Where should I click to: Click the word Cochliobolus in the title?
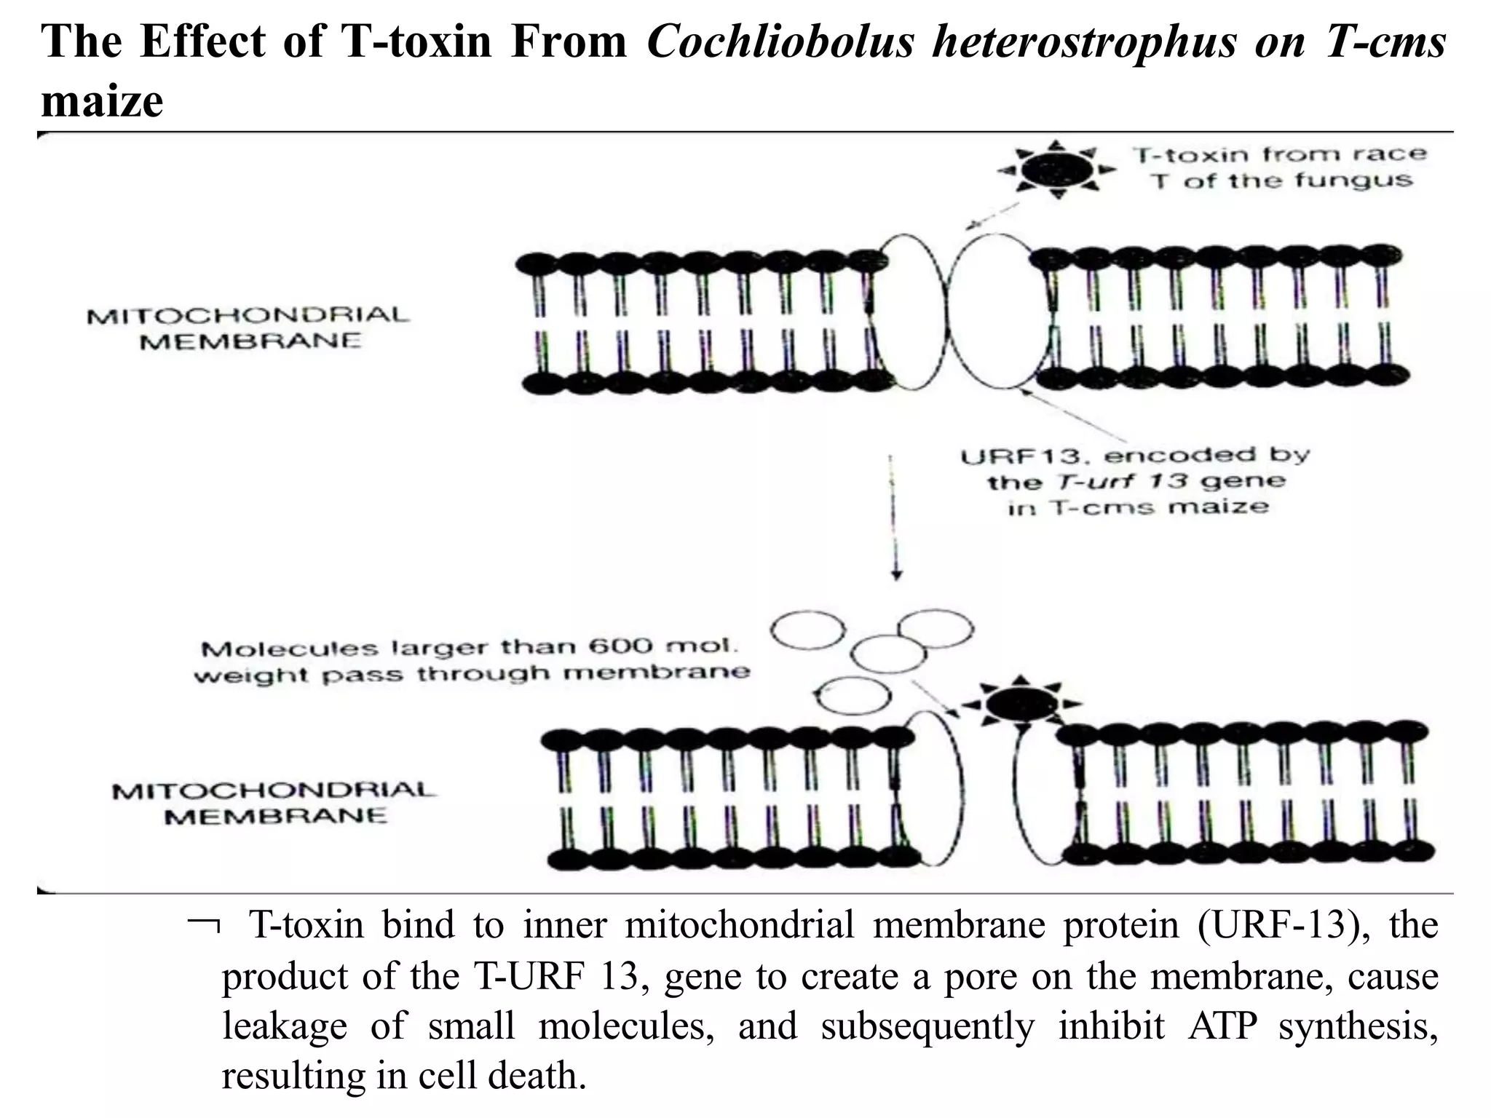[x=780, y=41]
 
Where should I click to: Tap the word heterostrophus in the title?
[x=1085, y=41]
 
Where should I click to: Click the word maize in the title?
[x=102, y=100]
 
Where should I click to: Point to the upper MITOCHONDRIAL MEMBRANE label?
[x=248, y=328]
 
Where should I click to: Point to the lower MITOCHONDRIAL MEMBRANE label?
[x=274, y=802]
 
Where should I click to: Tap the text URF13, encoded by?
[x=1134, y=456]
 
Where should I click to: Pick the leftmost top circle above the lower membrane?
[x=807, y=630]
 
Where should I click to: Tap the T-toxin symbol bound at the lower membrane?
[x=1022, y=704]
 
